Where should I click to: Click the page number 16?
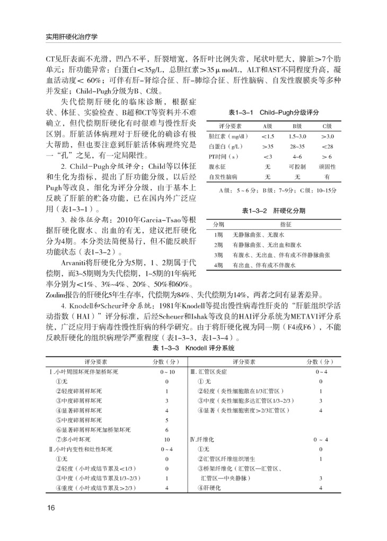tap(51, 508)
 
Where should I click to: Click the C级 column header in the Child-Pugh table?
tap(327, 126)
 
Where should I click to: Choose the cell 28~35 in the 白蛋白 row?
tap(297, 146)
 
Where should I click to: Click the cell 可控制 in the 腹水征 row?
tap(297, 166)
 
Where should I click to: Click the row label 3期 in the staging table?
tap(218, 255)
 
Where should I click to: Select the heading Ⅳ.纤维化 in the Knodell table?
tap(202, 439)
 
